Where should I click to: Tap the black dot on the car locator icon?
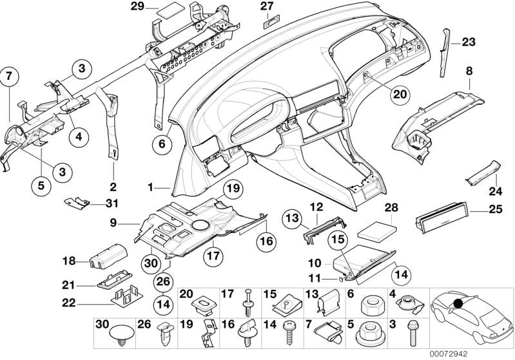point(458,303)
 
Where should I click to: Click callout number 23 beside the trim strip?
point(467,43)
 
